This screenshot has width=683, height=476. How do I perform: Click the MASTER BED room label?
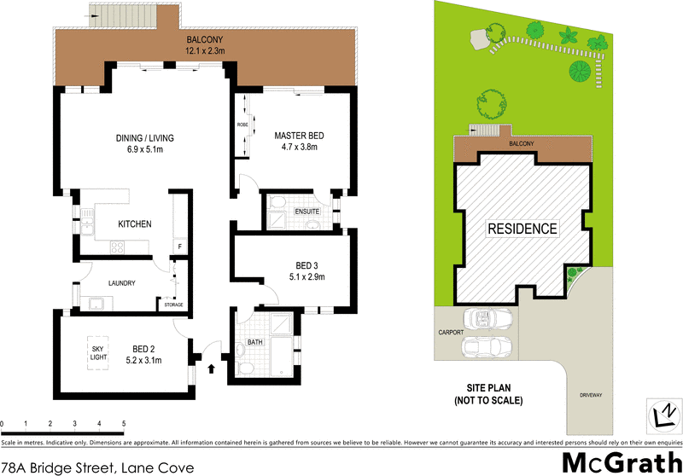pos(299,136)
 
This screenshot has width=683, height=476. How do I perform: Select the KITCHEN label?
pos(135,224)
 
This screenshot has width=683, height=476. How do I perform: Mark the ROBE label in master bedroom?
pos(242,127)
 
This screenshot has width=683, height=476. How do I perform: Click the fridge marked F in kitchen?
pos(178,247)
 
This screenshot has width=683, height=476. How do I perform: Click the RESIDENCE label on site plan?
pos(522,229)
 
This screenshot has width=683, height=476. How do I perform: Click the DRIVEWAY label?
pos(592,395)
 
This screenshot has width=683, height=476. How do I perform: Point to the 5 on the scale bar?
pos(124,423)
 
